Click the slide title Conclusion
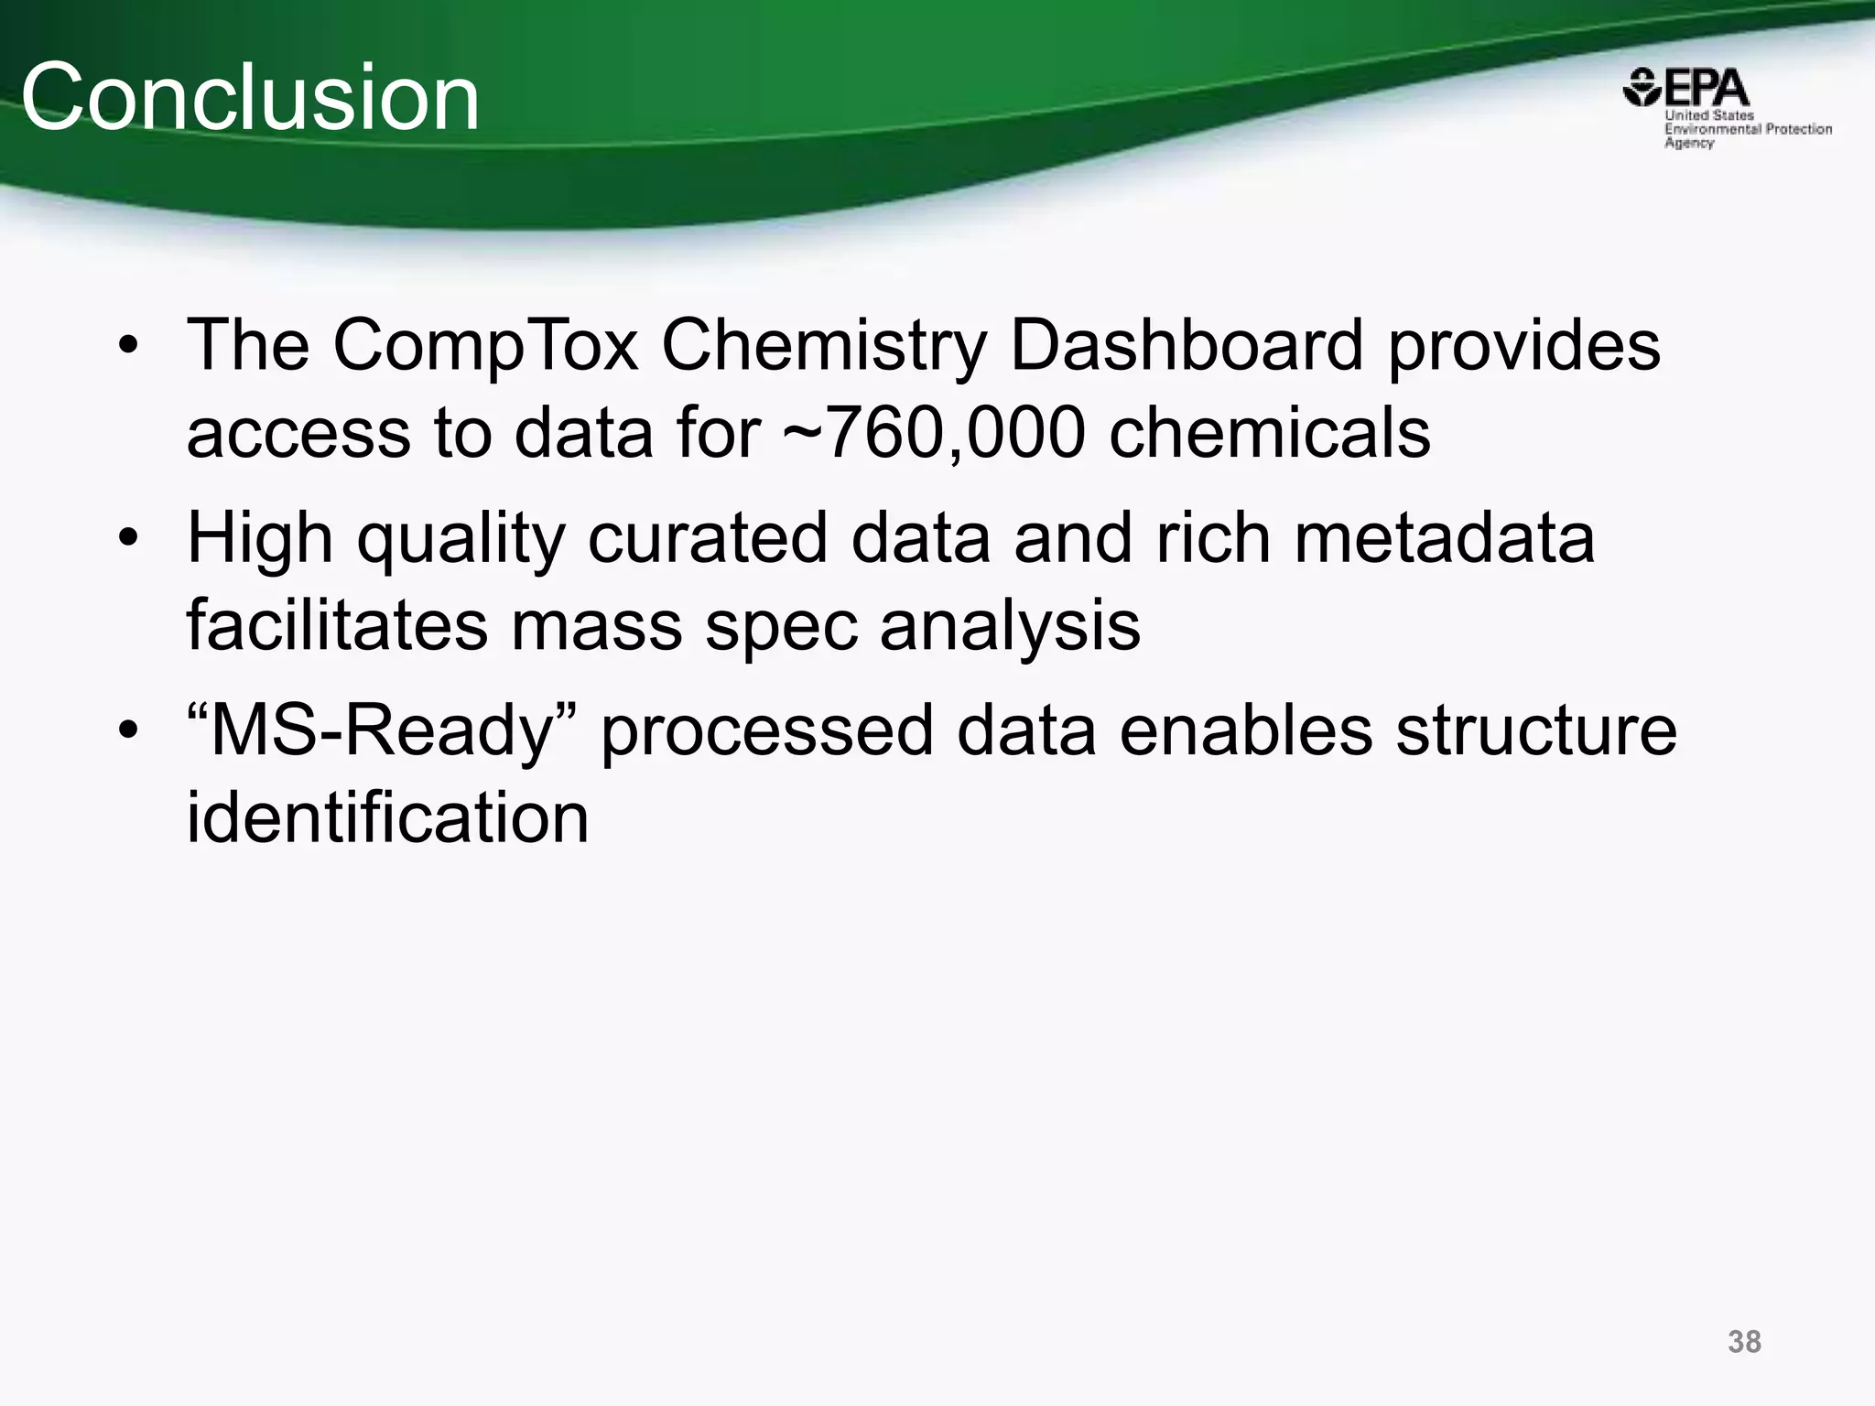click(250, 97)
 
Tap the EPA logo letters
click(1707, 90)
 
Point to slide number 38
click(1744, 1342)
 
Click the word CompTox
click(485, 345)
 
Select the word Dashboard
click(1187, 345)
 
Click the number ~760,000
click(934, 432)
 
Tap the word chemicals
click(1270, 432)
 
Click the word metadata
click(1444, 537)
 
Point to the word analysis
click(1010, 626)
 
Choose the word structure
click(1535, 730)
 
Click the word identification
click(387, 817)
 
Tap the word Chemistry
click(824, 347)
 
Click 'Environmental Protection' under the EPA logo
click(1748, 129)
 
